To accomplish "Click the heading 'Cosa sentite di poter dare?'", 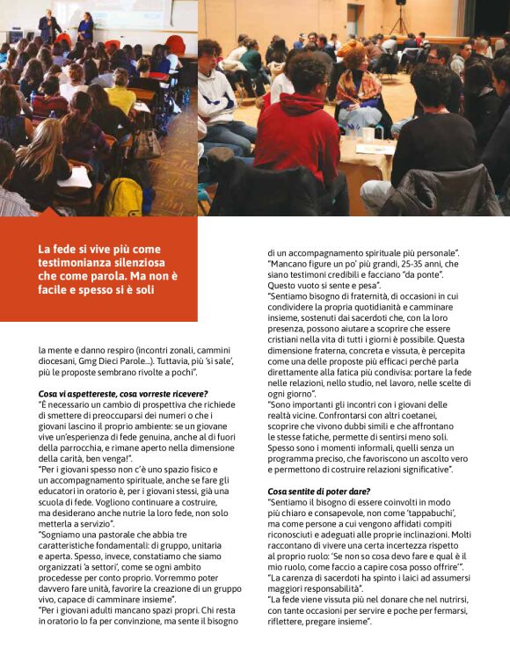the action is tap(320, 491).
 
